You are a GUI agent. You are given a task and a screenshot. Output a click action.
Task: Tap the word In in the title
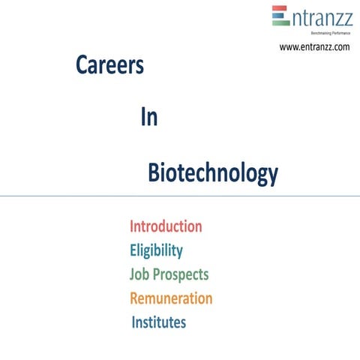pyautogui.click(x=148, y=118)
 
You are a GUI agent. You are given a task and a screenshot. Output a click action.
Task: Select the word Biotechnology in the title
pyautogui.click(x=212, y=173)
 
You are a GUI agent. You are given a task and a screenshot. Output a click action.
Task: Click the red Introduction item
pyautogui.click(x=165, y=226)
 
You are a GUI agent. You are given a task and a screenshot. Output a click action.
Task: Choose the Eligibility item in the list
pyautogui.click(x=155, y=250)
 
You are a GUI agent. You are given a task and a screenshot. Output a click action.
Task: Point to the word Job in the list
pyautogui.click(x=139, y=274)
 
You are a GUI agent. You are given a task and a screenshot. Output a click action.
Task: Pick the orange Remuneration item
pyautogui.click(x=170, y=298)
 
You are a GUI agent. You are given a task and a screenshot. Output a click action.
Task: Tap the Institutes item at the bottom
pyautogui.click(x=158, y=322)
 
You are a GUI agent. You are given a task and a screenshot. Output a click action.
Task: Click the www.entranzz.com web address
pyautogui.click(x=314, y=46)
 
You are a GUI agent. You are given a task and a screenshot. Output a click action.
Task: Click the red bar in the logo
pyautogui.click(x=280, y=9)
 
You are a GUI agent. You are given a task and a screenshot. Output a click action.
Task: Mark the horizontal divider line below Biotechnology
pyautogui.click(x=180, y=196)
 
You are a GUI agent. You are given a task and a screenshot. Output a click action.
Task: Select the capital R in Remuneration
pyautogui.click(x=135, y=298)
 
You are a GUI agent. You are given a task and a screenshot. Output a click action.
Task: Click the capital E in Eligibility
pyautogui.click(x=133, y=250)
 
